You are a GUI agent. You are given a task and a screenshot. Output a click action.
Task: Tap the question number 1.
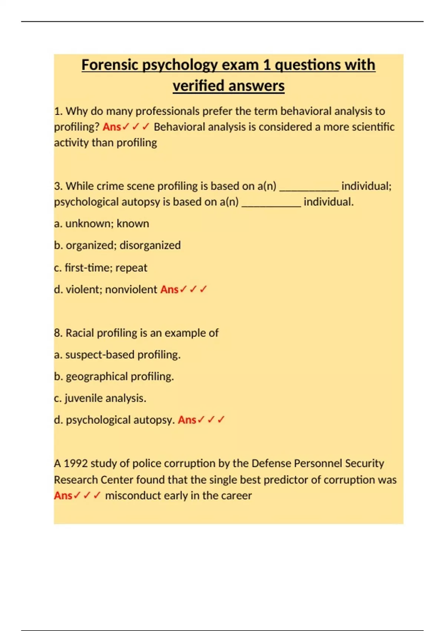[x=58, y=111]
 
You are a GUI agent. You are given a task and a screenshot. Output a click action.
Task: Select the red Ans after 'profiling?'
[x=112, y=127]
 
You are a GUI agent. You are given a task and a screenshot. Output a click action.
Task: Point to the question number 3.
[x=58, y=186]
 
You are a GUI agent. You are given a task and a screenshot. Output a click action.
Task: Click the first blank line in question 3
[x=309, y=187]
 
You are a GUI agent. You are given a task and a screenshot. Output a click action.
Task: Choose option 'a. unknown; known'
[x=101, y=223]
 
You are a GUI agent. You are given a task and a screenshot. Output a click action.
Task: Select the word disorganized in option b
[x=150, y=245]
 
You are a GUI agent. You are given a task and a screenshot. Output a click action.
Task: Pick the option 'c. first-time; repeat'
[x=100, y=268]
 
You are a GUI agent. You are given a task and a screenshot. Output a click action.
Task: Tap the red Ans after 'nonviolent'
[x=169, y=290]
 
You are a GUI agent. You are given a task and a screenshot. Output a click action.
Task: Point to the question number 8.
[x=58, y=333]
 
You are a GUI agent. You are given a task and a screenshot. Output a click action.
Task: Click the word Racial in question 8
[x=80, y=333]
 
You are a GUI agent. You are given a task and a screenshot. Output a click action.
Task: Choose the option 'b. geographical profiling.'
[x=114, y=376]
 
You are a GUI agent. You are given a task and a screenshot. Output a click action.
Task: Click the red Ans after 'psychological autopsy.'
[x=187, y=420]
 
